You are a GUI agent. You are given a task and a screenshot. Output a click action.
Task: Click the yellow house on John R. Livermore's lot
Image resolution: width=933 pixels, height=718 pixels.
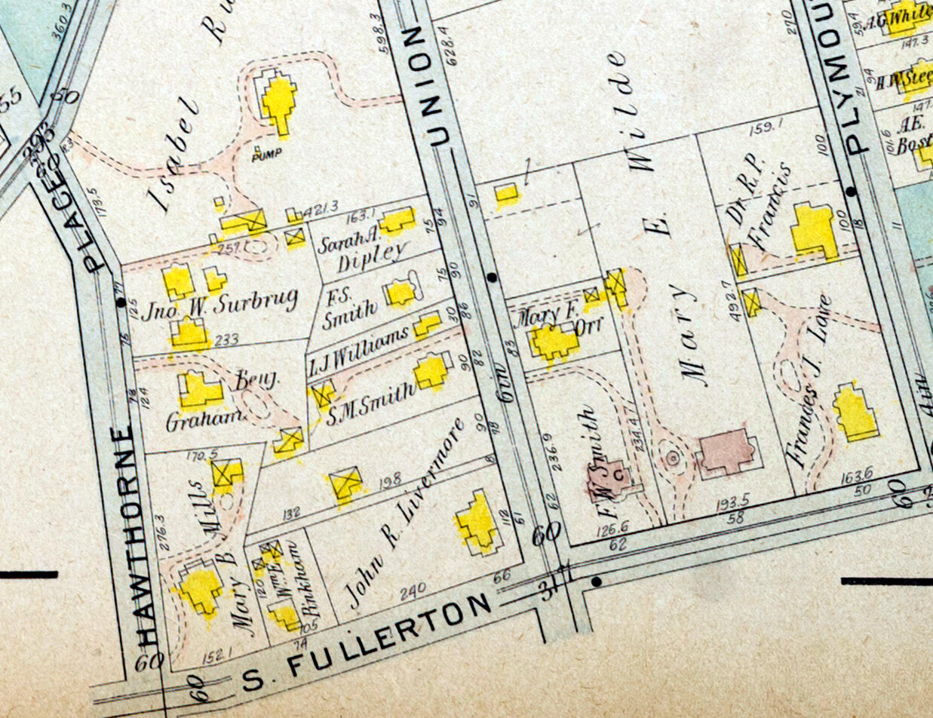coord(477,521)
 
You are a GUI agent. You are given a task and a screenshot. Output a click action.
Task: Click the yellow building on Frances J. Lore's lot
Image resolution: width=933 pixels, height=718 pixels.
coord(855,412)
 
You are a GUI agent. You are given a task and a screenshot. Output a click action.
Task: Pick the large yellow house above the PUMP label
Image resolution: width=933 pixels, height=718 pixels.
coord(278,100)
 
